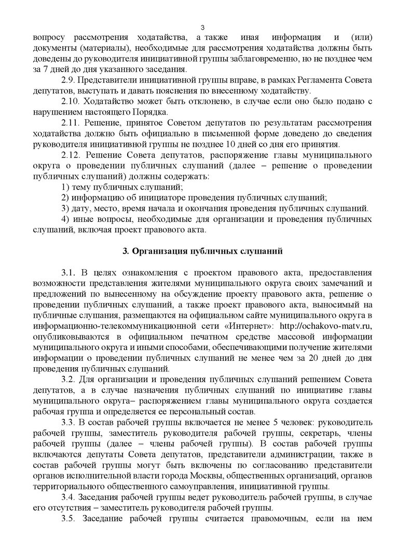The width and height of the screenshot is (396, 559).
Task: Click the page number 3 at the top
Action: coord(203,27)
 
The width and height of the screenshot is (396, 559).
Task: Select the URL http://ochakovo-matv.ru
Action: coord(325,325)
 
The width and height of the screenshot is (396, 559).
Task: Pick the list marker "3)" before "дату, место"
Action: coord(65,208)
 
